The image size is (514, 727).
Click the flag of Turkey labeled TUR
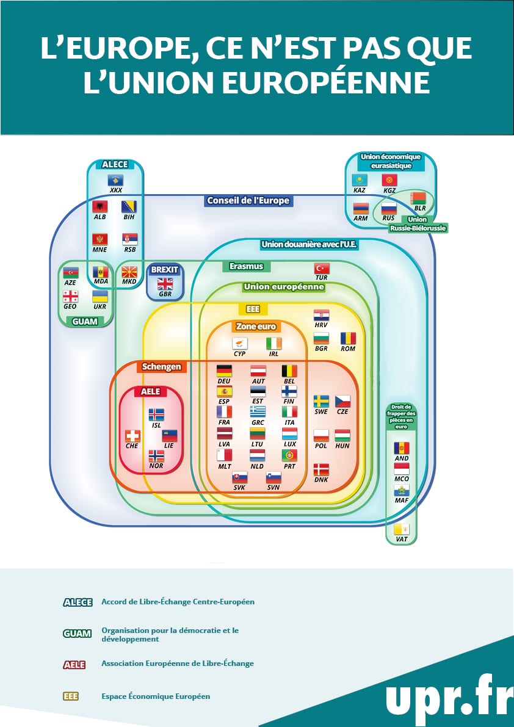(x=322, y=269)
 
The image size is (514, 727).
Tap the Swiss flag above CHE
(x=132, y=436)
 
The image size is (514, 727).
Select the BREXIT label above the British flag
(x=164, y=269)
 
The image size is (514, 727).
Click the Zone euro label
(x=256, y=327)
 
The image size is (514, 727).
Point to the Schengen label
(x=161, y=367)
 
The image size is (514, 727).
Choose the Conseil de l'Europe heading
(x=248, y=200)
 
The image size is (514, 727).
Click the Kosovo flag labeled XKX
(x=116, y=180)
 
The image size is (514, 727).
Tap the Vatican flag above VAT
(x=402, y=529)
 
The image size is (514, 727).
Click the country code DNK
(x=321, y=480)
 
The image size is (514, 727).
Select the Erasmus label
(x=246, y=266)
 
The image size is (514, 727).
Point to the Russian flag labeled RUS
(x=389, y=208)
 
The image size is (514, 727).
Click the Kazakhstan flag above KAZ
(x=360, y=180)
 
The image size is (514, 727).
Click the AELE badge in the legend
(x=74, y=665)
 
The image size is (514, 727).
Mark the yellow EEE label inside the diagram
(x=252, y=309)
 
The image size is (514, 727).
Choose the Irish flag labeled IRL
(x=274, y=344)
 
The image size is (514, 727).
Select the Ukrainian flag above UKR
(x=100, y=296)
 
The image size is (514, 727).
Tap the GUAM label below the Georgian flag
(x=85, y=321)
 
